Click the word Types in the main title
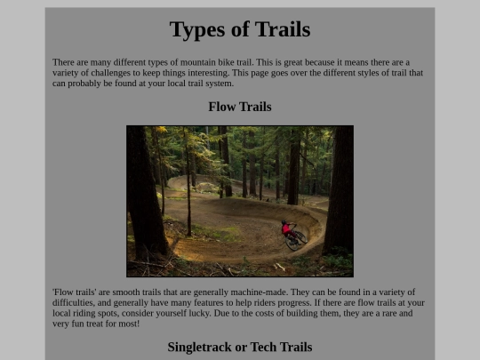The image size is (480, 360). click(197, 30)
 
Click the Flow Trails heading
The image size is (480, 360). click(240, 107)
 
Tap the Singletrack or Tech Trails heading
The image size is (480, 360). click(240, 348)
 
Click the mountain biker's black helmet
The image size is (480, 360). click(284, 222)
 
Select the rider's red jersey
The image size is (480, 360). click(287, 228)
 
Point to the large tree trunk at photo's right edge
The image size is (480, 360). click(340, 190)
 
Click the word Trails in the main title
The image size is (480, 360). click(283, 29)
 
